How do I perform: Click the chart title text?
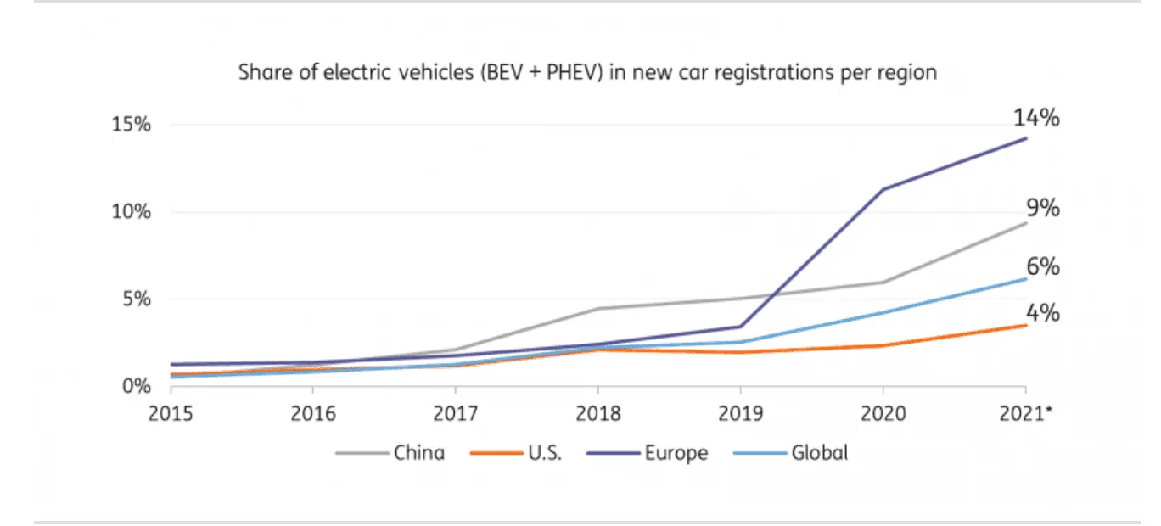[587, 72]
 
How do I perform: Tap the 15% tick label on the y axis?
[131, 125]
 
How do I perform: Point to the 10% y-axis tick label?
[131, 212]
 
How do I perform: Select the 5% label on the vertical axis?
[136, 299]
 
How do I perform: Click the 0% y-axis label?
[136, 387]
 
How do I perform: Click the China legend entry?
[418, 453]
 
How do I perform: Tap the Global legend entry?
[819, 453]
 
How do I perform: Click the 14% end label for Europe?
[1036, 118]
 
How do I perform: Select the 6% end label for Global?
[1041, 267]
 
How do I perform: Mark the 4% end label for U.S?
[1041, 313]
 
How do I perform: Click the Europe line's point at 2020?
[883, 189]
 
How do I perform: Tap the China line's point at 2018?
[598, 308]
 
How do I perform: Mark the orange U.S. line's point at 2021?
[1026, 325]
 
